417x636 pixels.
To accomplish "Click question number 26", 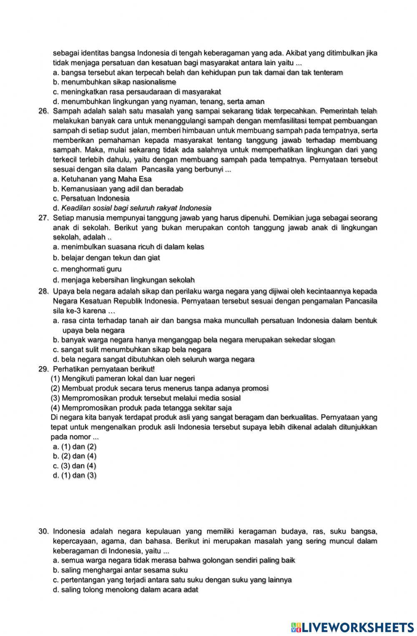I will pyautogui.click(x=43, y=111).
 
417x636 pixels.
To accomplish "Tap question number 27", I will pyautogui.click(x=43, y=218).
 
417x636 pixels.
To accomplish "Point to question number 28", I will pyautogui.click(x=43, y=291).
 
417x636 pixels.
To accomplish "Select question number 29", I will pyautogui.click(x=43, y=369).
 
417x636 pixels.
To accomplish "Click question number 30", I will pyautogui.click(x=43, y=531).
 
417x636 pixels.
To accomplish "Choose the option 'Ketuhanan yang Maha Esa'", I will pyautogui.click(x=102, y=179).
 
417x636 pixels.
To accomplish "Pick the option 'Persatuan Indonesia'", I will pyautogui.click(x=91, y=198).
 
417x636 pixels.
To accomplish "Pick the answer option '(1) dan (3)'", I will pyautogui.click(x=75, y=475).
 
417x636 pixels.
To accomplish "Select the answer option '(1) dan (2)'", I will pyautogui.click(x=75, y=446).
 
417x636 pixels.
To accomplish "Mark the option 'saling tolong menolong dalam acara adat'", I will pyautogui.click(x=126, y=590).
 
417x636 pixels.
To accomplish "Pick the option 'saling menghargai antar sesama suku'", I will pyautogui.click(x=121, y=570).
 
